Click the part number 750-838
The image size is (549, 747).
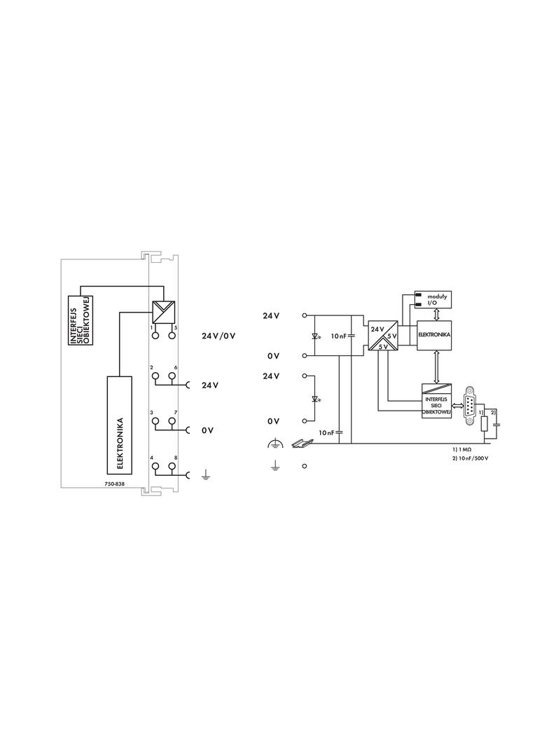(114, 484)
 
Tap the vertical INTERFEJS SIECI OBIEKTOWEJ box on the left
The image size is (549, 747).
(80, 320)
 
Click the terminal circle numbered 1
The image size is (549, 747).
(155, 335)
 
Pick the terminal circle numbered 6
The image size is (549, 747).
(171, 376)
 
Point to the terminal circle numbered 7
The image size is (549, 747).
(171, 420)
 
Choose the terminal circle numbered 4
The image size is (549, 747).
(155, 466)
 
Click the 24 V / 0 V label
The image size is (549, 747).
(218, 336)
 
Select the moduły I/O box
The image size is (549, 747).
(433, 299)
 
